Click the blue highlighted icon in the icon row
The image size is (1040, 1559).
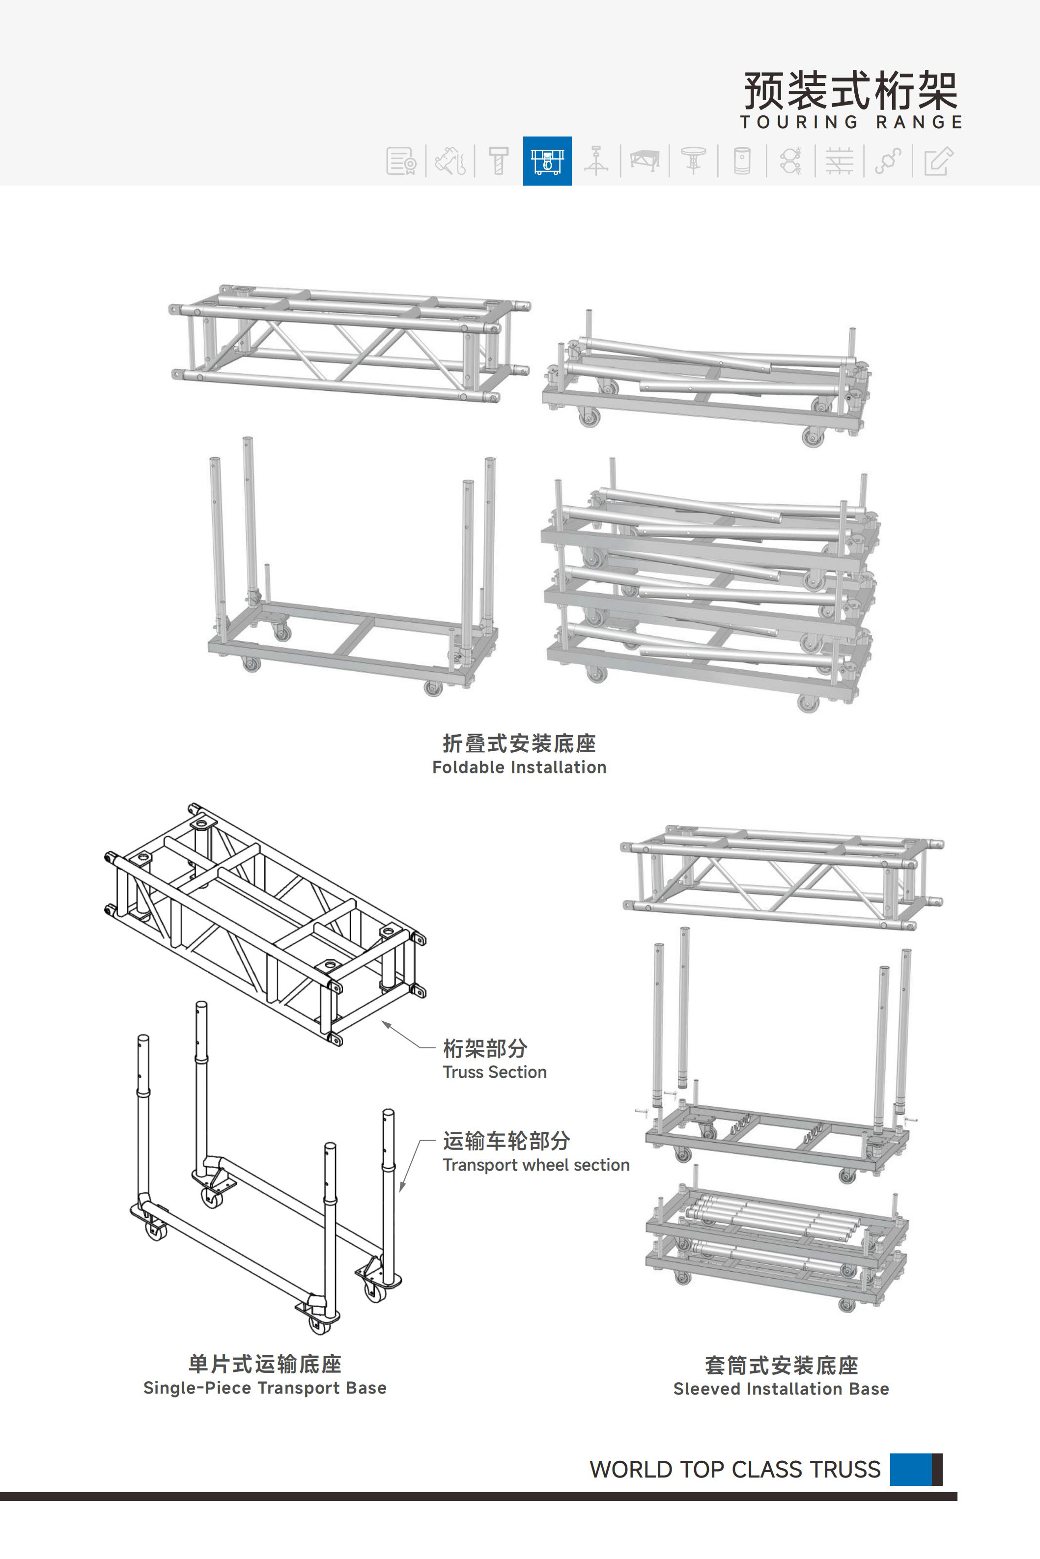coord(547,161)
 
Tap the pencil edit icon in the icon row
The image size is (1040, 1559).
coord(938,161)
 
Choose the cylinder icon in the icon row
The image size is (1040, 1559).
coord(742,161)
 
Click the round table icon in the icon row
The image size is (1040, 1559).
coord(693,161)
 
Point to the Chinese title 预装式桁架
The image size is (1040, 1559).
coord(850,91)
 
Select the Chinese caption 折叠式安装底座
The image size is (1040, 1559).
coord(519,744)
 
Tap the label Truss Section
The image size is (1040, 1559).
coord(495,1072)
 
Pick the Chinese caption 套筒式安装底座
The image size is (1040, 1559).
coord(781,1366)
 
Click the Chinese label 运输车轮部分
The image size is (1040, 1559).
coord(506,1141)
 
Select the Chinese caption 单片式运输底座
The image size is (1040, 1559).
coord(265,1364)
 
